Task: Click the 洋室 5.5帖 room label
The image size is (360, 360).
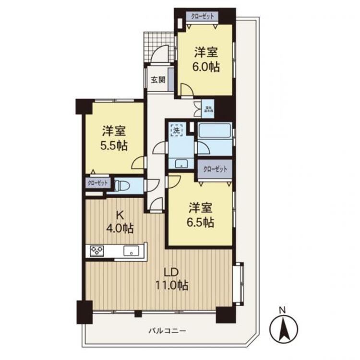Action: (114, 138)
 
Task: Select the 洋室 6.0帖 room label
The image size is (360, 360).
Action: (207, 59)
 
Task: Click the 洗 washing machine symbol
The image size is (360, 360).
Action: (177, 130)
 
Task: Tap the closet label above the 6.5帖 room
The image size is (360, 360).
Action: (215, 169)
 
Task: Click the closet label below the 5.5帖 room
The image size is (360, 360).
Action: (98, 183)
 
